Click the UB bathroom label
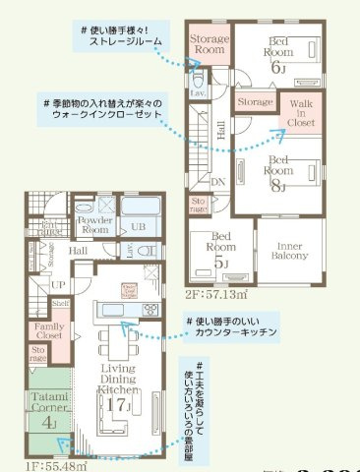pyautogui.click(x=139, y=225)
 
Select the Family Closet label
pyautogui.click(x=48, y=330)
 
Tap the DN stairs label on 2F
pyautogui.click(x=218, y=182)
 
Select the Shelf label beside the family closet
pyautogui.click(x=61, y=304)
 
